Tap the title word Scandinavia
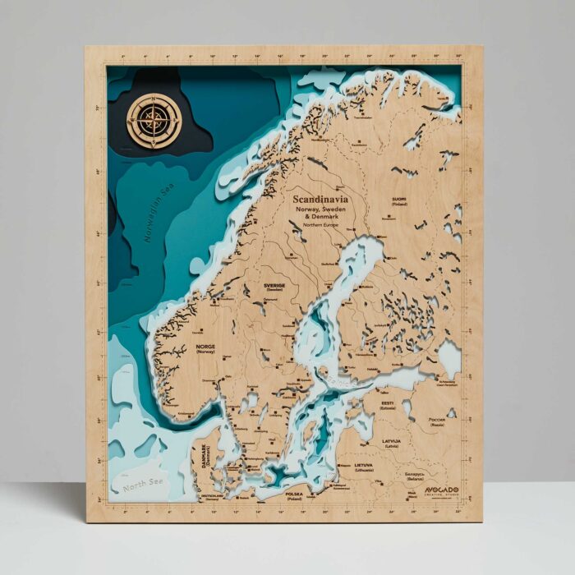(320, 199)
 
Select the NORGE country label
(205, 347)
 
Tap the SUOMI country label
(399, 200)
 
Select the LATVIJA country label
(391, 441)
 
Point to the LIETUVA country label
(364, 465)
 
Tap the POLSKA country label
(294, 495)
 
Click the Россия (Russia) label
(437, 420)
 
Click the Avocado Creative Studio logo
(442, 490)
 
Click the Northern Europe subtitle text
(320, 224)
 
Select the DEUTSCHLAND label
(212, 496)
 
